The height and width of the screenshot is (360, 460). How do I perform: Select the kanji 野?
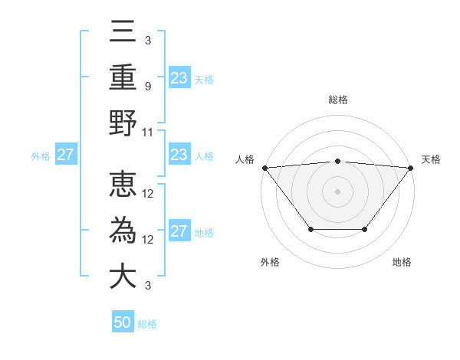pos(123,123)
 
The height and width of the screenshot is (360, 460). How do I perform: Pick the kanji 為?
pos(123,231)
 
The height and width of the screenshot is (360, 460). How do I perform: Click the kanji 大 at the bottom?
pos(123,277)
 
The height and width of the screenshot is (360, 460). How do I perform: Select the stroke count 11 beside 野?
pos(149,133)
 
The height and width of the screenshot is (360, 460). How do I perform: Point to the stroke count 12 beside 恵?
pos(149,194)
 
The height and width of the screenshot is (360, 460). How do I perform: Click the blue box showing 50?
pos(123,323)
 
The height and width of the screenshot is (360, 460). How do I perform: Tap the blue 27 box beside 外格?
pos(65,155)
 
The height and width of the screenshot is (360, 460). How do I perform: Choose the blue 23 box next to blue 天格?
pos(179,78)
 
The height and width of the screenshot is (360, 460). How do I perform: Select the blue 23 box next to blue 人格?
pos(179,155)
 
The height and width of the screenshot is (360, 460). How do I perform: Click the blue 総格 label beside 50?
pos(147,324)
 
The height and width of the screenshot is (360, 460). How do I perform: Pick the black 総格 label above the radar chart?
pos(337,100)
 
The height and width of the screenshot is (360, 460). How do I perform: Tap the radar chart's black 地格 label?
pos(402,262)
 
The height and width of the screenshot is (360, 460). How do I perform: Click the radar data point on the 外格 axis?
pos(310,229)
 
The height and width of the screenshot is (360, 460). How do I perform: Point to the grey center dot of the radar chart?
pos(337,191)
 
